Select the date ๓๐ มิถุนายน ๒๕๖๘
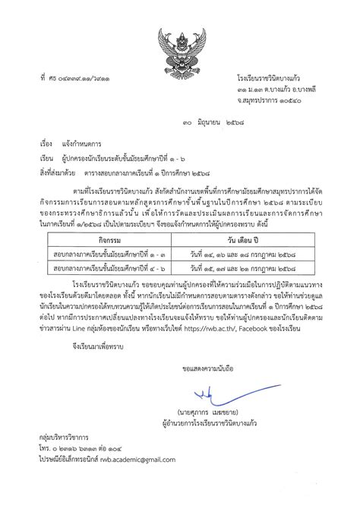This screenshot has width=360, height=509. click(x=185, y=122)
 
